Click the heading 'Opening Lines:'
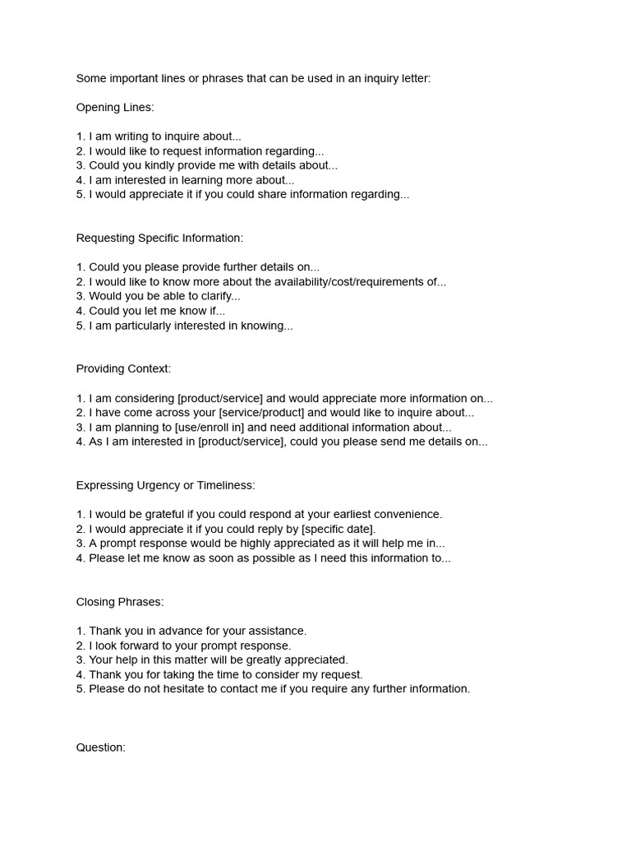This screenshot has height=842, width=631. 115,108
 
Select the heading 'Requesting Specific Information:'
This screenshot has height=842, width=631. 159,238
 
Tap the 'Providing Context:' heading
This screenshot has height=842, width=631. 123,369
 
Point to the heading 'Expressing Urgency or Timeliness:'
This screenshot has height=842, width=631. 165,485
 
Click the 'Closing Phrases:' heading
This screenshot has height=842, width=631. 120,602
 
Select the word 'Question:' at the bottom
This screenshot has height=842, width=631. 101,747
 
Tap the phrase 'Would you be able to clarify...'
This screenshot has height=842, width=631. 164,296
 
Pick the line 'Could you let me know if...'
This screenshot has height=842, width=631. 157,311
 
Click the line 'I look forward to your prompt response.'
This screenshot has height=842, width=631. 190,645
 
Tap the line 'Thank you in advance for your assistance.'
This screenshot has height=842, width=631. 197,631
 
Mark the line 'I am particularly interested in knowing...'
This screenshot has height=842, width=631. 191,326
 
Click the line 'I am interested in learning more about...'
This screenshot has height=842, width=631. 191,180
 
